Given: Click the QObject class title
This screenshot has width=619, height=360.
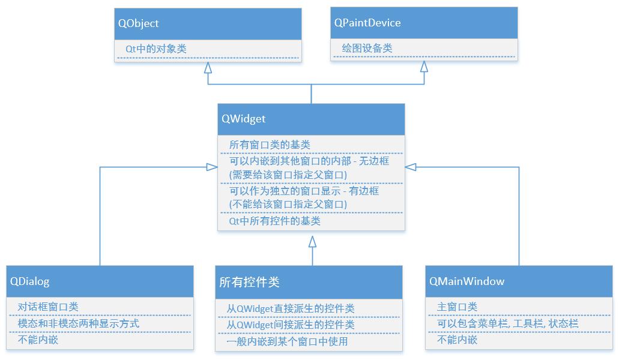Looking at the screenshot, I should point(139,23).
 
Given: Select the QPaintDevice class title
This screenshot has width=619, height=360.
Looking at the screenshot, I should point(367,23).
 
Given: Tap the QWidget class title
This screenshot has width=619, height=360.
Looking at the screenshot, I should point(243,119).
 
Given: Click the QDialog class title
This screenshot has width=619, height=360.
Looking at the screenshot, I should point(30,281).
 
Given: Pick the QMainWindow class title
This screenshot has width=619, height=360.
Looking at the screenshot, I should point(467,281).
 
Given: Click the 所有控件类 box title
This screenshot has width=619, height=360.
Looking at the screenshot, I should point(249,282).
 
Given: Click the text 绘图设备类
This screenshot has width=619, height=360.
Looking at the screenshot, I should point(367,48).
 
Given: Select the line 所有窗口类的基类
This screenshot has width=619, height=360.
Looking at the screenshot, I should point(270,145).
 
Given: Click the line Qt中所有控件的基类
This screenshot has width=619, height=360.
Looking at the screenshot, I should point(275,221).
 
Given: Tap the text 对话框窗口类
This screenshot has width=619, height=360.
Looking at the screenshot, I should point(48,307).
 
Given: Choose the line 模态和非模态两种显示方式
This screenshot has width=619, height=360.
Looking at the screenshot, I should point(78,323).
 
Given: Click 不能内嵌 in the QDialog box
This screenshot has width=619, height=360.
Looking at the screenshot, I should point(38,340).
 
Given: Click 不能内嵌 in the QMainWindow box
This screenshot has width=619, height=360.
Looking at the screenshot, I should point(457,340).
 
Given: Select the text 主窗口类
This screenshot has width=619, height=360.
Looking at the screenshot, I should point(457,307).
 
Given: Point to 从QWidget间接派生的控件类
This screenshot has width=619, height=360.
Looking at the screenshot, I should point(291,325).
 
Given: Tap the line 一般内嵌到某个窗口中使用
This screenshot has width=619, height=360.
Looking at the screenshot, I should point(287,341).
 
